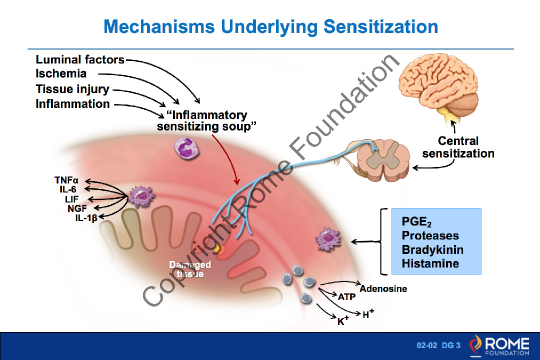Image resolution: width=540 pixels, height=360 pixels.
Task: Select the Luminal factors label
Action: click(80, 60)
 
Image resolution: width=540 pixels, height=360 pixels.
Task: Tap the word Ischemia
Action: click(61, 74)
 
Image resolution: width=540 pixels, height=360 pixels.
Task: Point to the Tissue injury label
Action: click(72, 89)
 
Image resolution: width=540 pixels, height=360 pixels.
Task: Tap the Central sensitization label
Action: click(458, 147)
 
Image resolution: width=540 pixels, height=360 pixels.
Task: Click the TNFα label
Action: click(66, 180)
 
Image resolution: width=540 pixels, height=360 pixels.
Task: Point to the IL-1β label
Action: click(86, 218)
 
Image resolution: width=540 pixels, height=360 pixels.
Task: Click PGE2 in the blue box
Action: click(416, 222)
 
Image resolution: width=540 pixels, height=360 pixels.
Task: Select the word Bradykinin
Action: click(432, 249)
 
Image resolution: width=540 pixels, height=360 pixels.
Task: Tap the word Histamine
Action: click(430, 263)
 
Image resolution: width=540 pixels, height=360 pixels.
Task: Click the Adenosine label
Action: click(383, 289)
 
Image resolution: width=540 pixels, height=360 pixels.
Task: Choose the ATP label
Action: click(346, 297)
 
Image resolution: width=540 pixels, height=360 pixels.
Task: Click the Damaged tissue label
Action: click(190, 269)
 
